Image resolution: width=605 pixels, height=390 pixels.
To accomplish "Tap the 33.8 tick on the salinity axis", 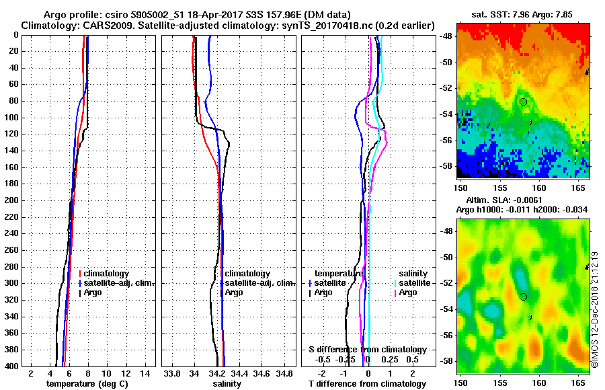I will click(x=172, y=373).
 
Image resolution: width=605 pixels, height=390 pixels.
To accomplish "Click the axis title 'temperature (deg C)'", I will click(x=87, y=384).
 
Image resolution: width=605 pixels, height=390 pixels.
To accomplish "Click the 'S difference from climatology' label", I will click(x=367, y=350).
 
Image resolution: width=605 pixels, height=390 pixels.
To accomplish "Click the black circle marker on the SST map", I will click(x=523, y=102).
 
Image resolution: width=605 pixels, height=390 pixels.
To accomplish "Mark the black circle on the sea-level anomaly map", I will click(x=523, y=297).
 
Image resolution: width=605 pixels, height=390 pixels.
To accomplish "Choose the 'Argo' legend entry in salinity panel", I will click(x=234, y=293).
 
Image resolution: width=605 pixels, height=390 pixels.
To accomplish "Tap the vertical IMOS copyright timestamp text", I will click(x=596, y=309).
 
